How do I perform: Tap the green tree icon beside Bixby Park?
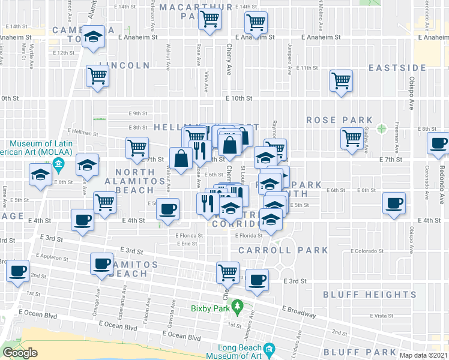pyautogui.click(x=238, y=307)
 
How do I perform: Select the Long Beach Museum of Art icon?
pyautogui.click(x=269, y=349)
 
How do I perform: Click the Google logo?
pyautogui.click(x=19, y=353)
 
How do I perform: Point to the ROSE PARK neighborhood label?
pyautogui.click(x=339, y=120)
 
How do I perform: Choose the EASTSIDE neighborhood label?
pyautogui.click(x=397, y=68)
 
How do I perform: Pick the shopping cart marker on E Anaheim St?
pyautogui.click(x=256, y=23)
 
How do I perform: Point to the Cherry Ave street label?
pyautogui.click(x=229, y=60)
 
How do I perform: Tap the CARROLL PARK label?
pyautogui.click(x=283, y=250)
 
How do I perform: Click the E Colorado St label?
pyautogui.click(x=367, y=251)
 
